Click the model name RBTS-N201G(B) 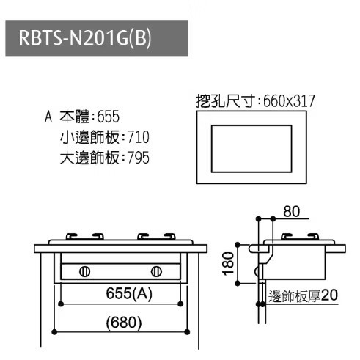click(85, 38)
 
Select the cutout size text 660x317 click(289, 100)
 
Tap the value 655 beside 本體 click(109, 117)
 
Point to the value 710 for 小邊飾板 click(139, 137)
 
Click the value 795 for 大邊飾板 click(139, 158)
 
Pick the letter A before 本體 click(48, 117)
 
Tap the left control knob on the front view click(84, 271)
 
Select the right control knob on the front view click(156, 271)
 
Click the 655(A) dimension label click(129, 293)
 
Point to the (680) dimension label click(124, 323)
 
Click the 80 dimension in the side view click(291, 211)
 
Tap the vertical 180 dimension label click(229, 264)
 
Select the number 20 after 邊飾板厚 click(329, 295)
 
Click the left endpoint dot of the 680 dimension click(54, 332)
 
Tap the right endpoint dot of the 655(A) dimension click(180, 304)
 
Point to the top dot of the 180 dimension click(238, 245)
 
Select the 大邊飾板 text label click(89, 158)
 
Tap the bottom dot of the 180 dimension click(238, 283)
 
